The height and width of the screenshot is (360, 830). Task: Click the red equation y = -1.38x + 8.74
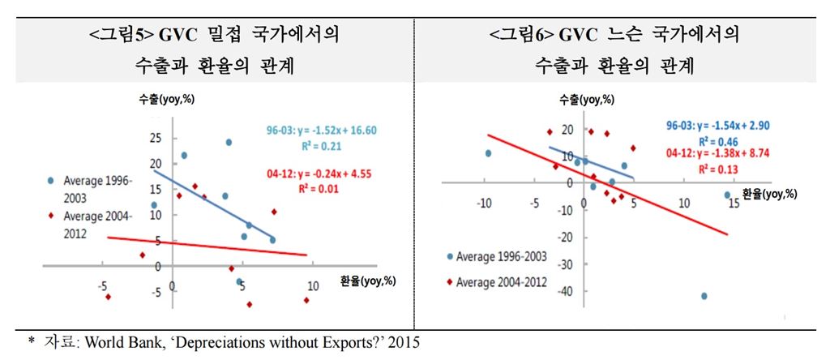716,152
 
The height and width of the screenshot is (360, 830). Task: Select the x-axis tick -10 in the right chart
485,201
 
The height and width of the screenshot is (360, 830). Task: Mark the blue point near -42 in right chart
704,296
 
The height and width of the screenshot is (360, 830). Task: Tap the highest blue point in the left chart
229,142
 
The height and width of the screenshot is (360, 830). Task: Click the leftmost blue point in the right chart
488,153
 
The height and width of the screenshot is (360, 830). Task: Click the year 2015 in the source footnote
405,343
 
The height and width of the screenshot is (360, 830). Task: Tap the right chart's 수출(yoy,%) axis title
582,101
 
